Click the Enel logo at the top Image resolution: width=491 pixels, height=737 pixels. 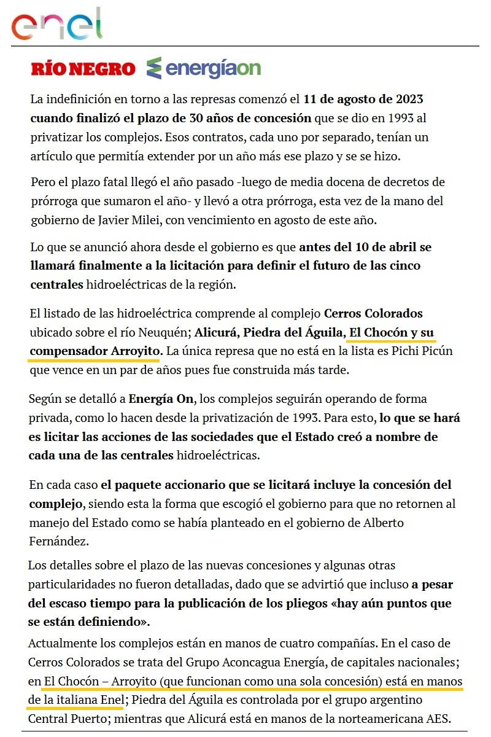pos(56,24)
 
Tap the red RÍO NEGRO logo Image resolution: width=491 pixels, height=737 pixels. pos(83,69)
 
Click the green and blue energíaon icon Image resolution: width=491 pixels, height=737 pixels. pos(154,68)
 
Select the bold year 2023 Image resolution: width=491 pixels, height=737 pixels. pos(406,99)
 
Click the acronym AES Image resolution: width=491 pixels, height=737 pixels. pos(438,719)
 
